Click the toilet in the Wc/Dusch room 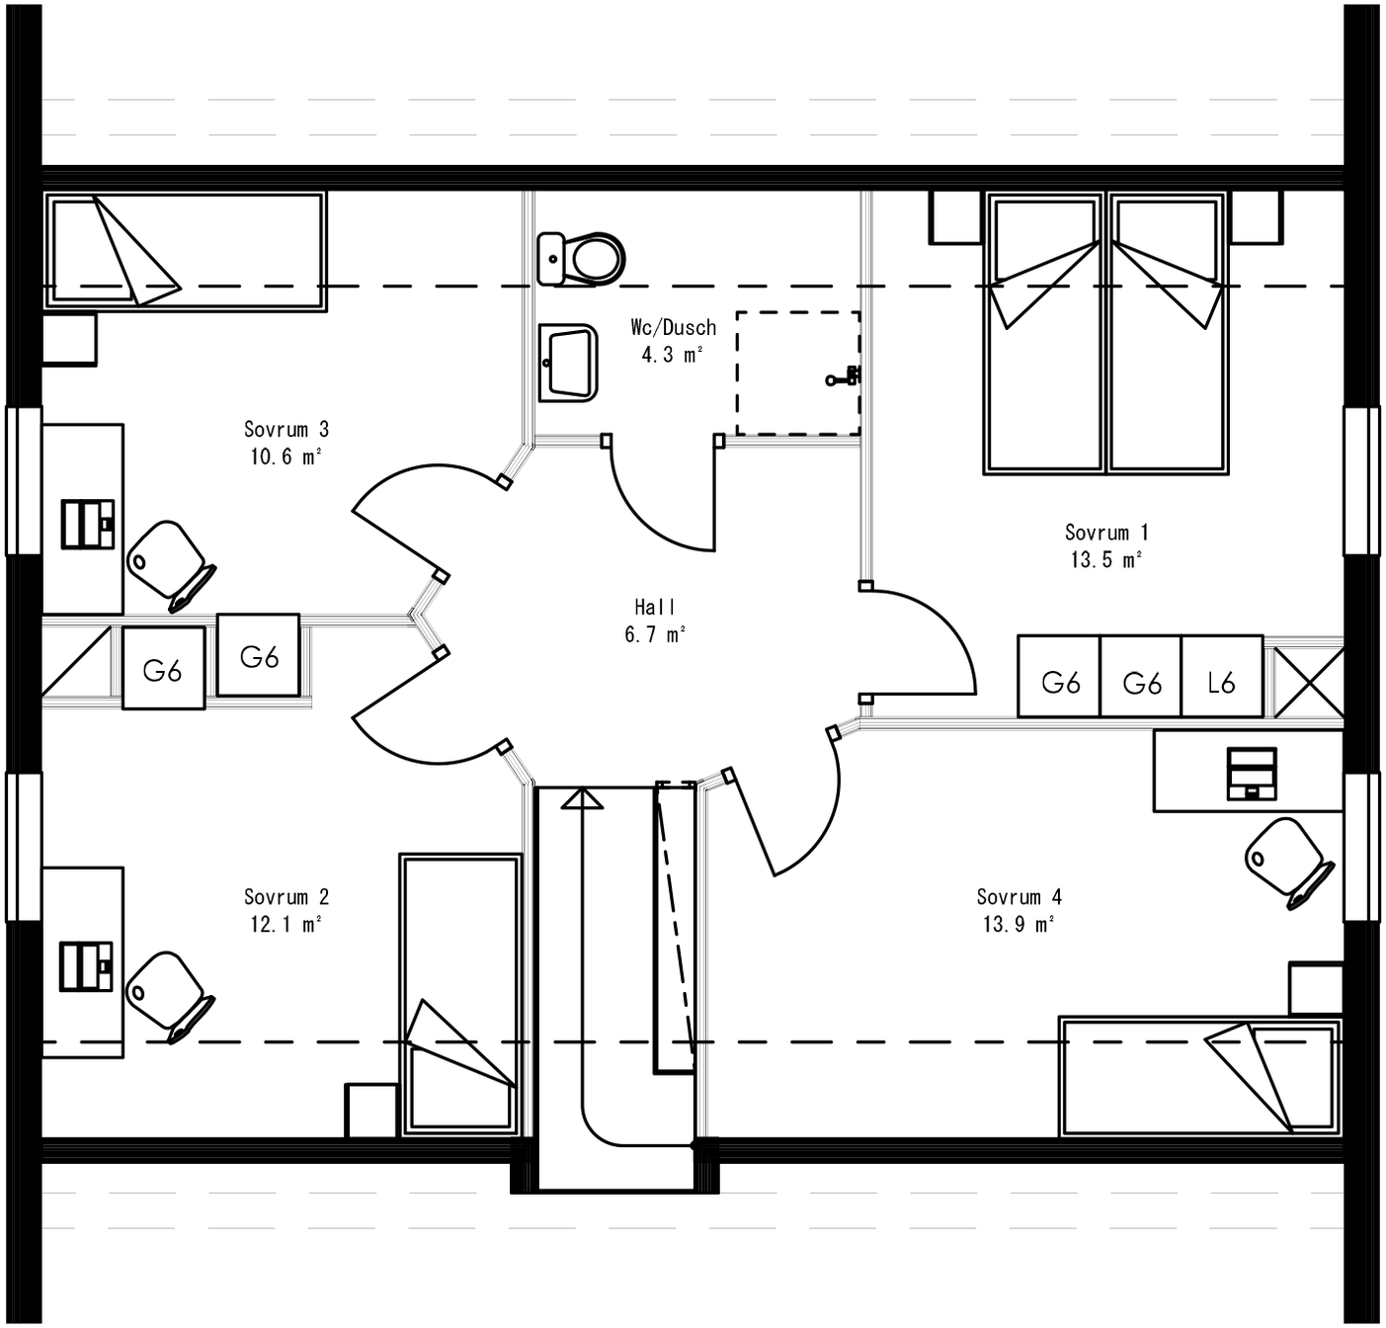point(583,258)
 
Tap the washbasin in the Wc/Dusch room point(568,363)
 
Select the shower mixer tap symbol point(845,376)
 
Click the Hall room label point(655,607)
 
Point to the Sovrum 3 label point(285,430)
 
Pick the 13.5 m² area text point(1106,560)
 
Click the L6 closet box point(1222,682)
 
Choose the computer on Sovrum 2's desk point(87,966)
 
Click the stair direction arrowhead point(582,798)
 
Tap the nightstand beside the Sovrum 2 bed point(371,1111)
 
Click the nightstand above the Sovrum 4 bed point(1315,987)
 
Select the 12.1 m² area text point(285,925)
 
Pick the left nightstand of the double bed point(955,217)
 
